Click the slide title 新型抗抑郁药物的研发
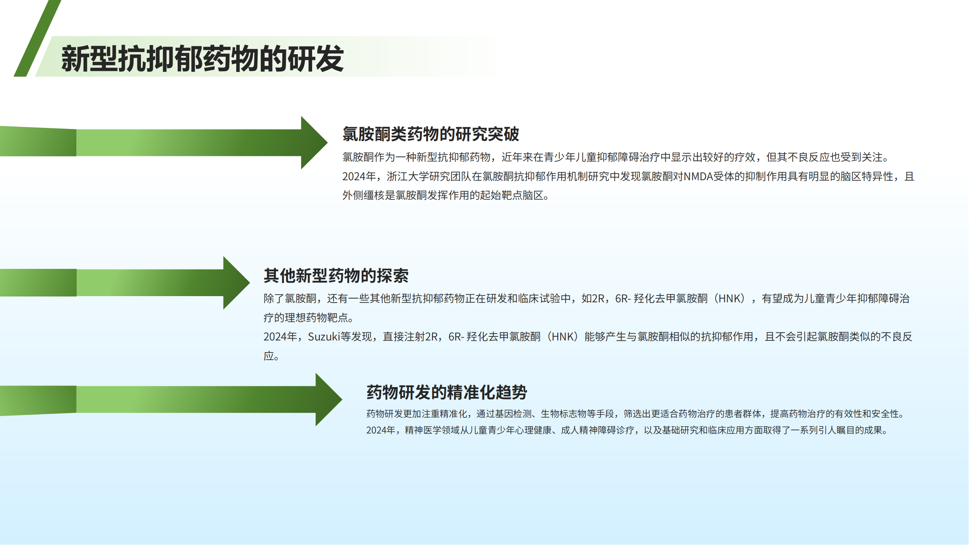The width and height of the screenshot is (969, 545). click(x=202, y=58)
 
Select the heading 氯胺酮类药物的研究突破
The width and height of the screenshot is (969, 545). click(x=431, y=134)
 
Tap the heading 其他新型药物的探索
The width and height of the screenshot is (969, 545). click(x=336, y=276)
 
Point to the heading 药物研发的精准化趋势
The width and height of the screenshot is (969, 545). click(x=447, y=392)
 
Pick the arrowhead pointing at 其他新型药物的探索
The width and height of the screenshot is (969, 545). click(x=235, y=283)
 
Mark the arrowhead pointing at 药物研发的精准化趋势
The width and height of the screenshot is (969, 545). click(x=328, y=399)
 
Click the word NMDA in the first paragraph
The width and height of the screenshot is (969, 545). click(x=698, y=177)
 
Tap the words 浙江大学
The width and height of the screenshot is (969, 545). click(x=408, y=177)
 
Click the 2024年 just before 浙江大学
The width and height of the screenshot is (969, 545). click(x=359, y=177)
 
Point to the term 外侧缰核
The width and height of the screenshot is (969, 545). click(x=363, y=195)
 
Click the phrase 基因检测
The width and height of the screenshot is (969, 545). click(x=513, y=414)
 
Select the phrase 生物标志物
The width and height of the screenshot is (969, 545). click(x=564, y=414)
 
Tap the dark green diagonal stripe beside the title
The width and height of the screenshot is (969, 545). click(x=37, y=38)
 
